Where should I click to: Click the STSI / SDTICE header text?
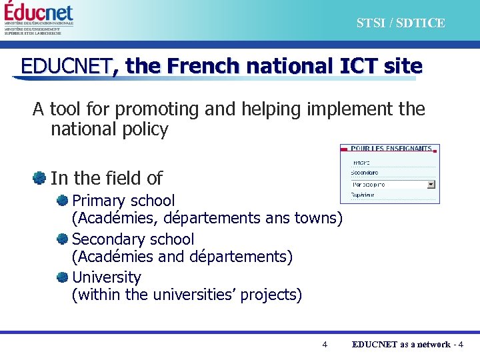tap(400, 23)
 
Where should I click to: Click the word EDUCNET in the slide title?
tap(66, 66)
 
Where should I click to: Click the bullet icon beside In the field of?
tap(40, 178)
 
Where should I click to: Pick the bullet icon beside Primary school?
tap(63, 200)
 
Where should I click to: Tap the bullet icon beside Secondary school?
tap(63, 239)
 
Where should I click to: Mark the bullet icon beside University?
tap(63, 277)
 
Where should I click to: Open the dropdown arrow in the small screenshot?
tap(431, 184)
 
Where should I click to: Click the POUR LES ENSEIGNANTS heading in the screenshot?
tap(391, 148)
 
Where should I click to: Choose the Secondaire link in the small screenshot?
tap(364, 173)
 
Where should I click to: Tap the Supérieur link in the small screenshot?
tap(362, 195)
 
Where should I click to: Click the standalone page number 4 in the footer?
tap(325, 345)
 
